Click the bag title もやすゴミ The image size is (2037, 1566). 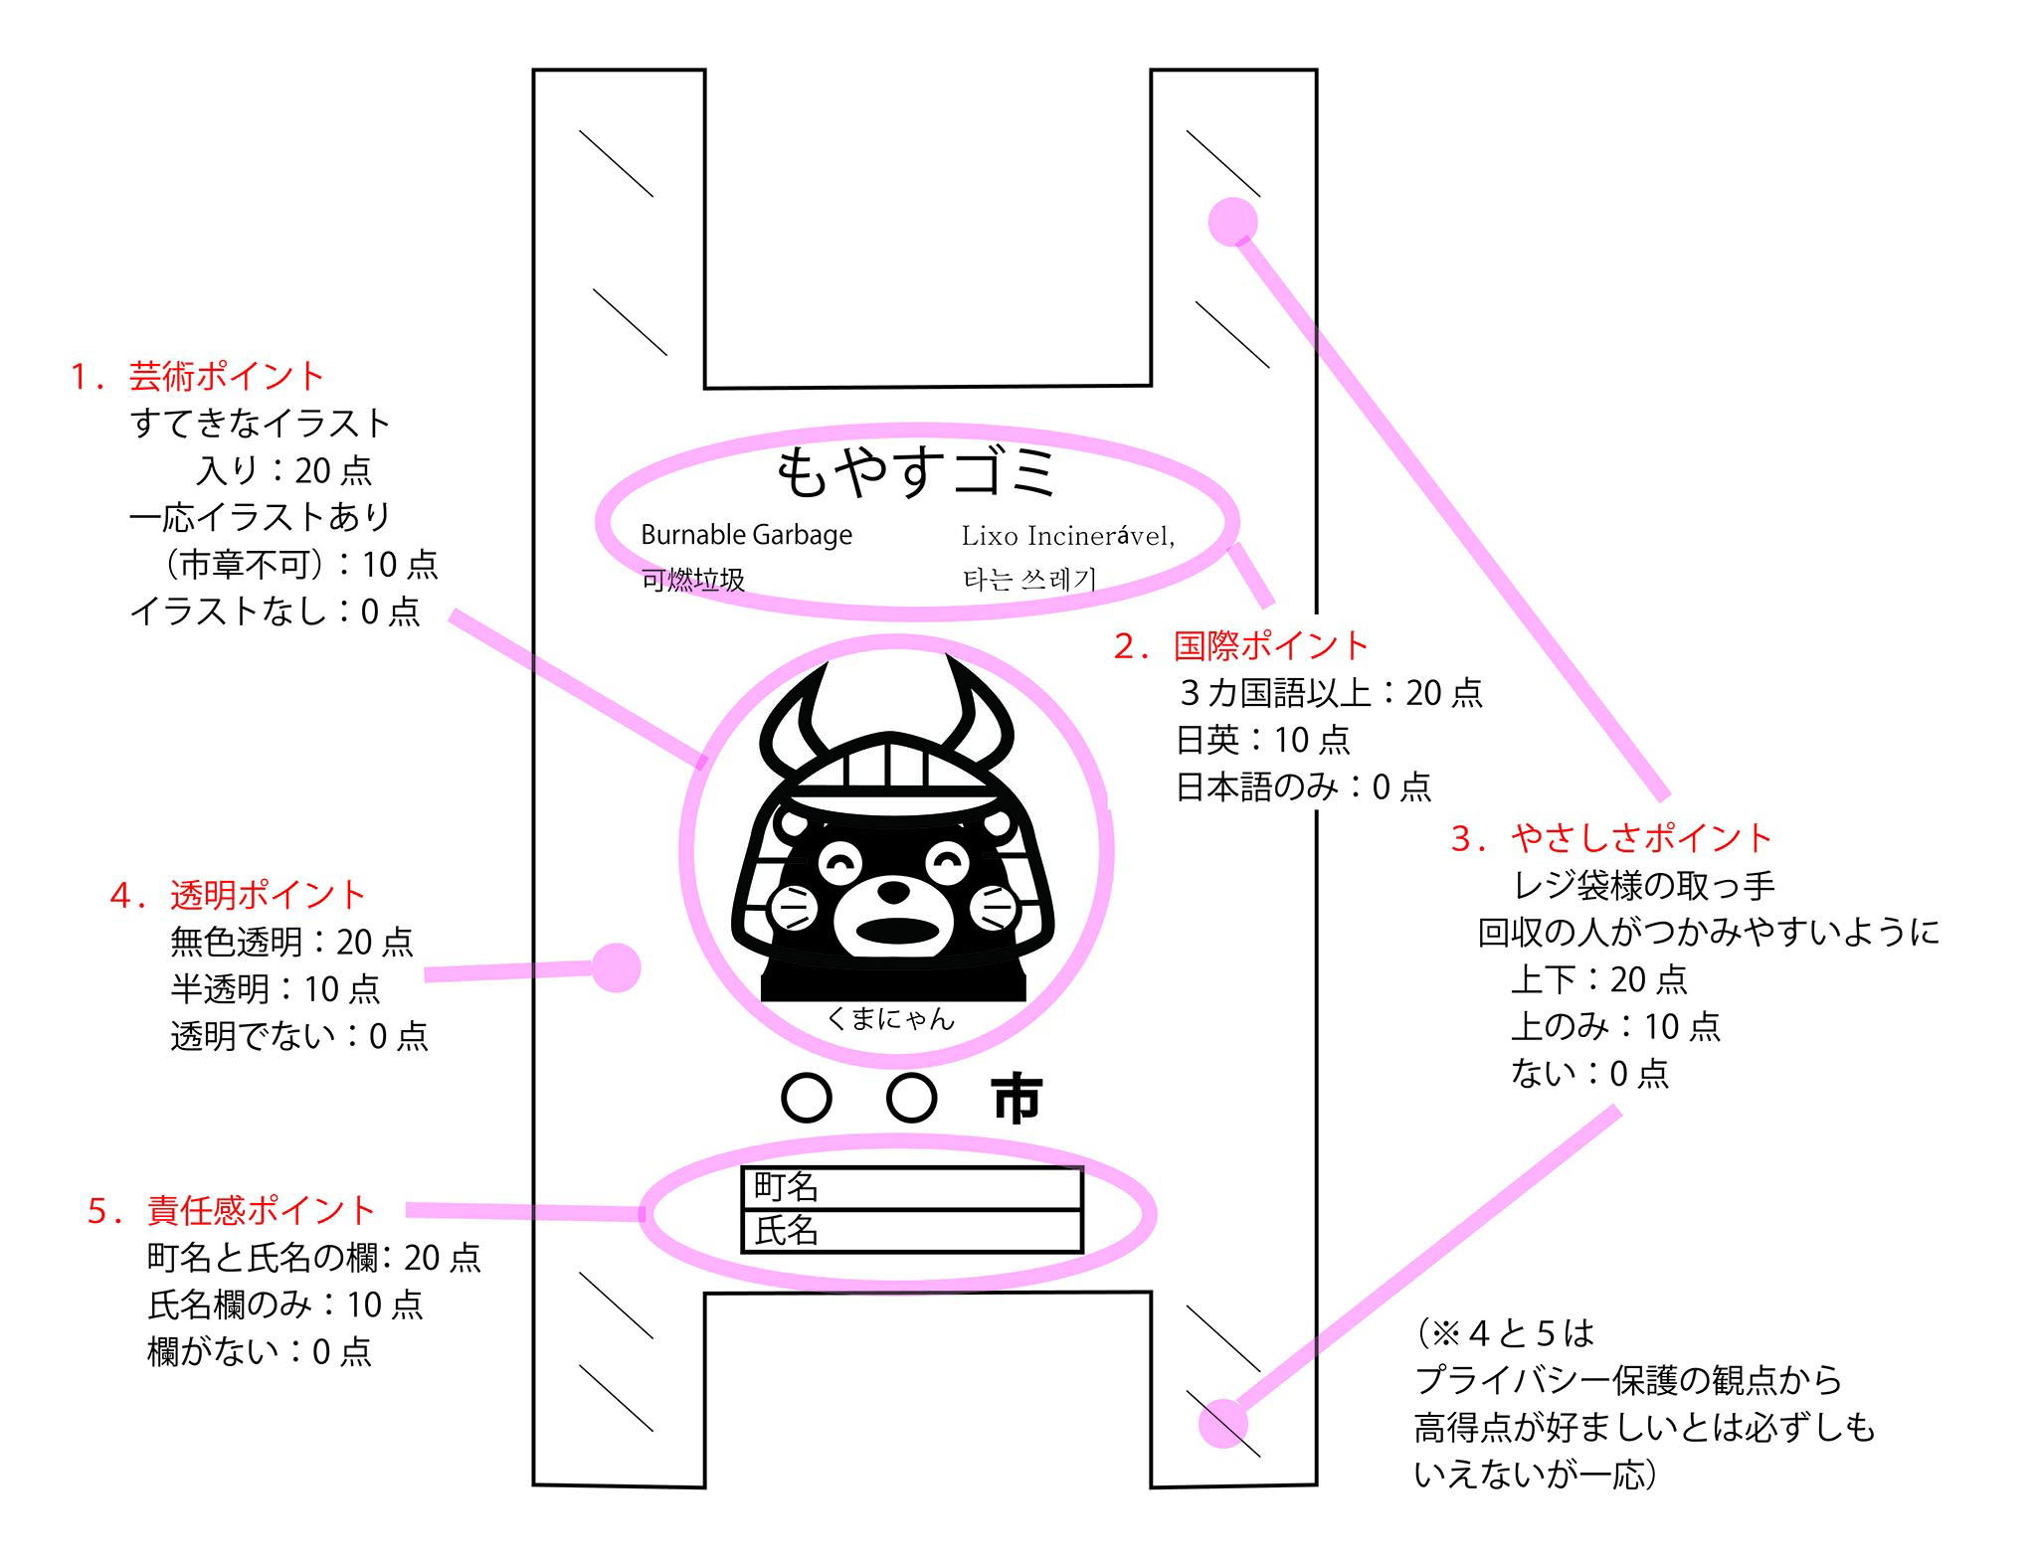click(915, 471)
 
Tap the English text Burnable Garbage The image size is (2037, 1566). click(746, 535)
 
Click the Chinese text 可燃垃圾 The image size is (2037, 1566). click(692, 580)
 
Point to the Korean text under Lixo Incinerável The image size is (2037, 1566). click(1029, 579)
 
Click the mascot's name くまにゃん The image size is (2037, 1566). click(890, 1018)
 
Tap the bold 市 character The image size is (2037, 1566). click(1017, 1099)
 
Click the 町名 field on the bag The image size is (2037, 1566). click(912, 1187)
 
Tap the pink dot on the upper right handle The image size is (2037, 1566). click(1232, 221)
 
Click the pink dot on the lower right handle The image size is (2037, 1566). click(1223, 1424)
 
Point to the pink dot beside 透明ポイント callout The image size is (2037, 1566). click(617, 967)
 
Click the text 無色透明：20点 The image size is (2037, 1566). click(291, 942)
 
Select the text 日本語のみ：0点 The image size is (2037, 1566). click(1303, 787)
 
